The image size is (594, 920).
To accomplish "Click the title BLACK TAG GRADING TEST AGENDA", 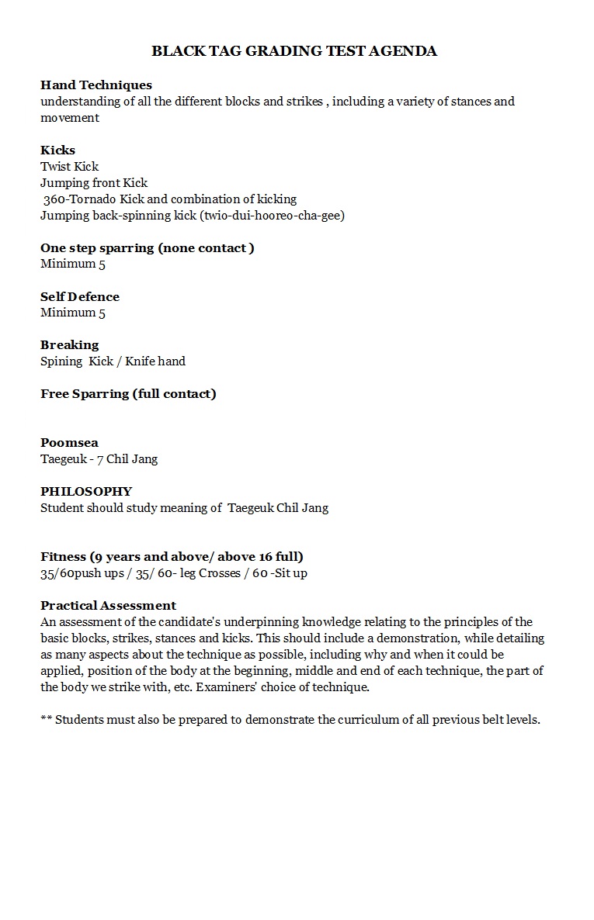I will pyautogui.click(x=294, y=51).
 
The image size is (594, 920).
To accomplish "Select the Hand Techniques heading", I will pyautogui.click(x=96, y=85).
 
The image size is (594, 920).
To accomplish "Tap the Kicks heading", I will pyautogui.click(x=57, y=150).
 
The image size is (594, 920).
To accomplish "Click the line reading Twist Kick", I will pyautogui.click(x=70, y=166).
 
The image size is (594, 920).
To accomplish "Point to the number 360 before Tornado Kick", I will pyautogui.click(x=54, y=199).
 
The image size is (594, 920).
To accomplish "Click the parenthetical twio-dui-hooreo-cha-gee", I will pyautogui.click(x=272, y=215).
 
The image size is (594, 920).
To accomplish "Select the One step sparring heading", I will pyautogui.click(x=148, y=247).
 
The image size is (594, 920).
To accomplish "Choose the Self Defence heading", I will pyautogui.click(x=80, y=296).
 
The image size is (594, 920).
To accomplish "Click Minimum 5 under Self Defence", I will pyautogui.click(x=73, y=313).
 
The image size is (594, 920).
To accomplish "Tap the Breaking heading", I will pyautogui.click(x=70, y=344).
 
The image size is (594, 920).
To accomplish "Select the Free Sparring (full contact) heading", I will pyautogui.click(x=128, y=393).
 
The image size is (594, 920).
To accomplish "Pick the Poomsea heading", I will pyautogui.click(x=69, y=442).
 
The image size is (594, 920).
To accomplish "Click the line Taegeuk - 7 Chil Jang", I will pyautogui.click(x=99, y=458).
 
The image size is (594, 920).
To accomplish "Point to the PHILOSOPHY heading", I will pyautogui.click(x=86, y=491).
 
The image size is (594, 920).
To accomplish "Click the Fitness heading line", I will pyautogui.click(x=172, y=556).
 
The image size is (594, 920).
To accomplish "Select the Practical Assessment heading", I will pyautogui.click(x=108, y=605).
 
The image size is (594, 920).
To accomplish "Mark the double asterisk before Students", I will pyautogui.click(x=46, y=720).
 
